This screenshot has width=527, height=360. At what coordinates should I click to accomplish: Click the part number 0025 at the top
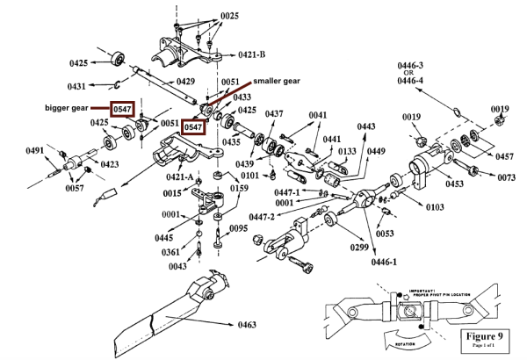(x=229, y=16)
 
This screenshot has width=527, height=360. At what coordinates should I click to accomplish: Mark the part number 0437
(x=274, y=114)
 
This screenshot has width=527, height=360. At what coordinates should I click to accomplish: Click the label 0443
(x=365, y=126)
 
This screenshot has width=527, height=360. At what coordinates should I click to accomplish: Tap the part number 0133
(x=347, y=151)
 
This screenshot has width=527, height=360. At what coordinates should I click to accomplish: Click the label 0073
(x=506, y=177)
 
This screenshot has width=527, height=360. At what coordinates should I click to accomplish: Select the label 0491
(x=34, y=151)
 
